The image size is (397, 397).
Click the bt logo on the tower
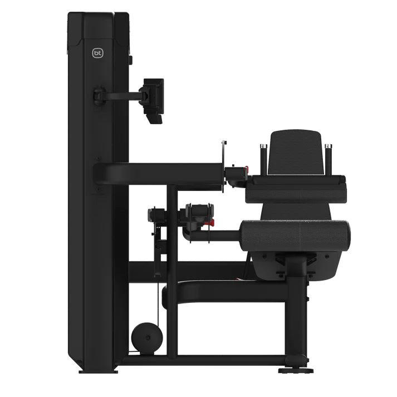[98, 53]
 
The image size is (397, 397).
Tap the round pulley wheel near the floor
[147, 338]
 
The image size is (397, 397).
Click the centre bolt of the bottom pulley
[148, 338]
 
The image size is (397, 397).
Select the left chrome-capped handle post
[263, 159]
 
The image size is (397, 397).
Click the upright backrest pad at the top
[296, 153]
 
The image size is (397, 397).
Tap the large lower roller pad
[296, 236]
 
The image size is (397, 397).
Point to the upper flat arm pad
[296, 189]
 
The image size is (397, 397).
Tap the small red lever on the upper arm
[246, 169]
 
